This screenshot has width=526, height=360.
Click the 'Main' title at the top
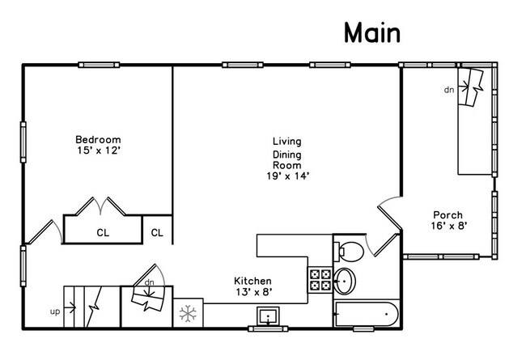372,32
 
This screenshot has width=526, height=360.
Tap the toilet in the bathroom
348,251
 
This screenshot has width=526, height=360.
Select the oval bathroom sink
345,281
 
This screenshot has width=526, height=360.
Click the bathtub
367,314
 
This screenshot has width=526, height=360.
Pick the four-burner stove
320,280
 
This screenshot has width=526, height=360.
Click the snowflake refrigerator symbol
188,313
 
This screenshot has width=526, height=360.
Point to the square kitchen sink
268,316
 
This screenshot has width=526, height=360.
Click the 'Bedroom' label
98,140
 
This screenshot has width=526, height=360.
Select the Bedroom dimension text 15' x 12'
98,150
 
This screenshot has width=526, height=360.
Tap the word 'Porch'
448,214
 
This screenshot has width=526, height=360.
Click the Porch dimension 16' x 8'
449,226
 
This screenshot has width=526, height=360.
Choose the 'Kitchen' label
252,281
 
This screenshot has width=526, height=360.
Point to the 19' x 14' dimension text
287,176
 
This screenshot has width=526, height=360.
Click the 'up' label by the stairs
55,312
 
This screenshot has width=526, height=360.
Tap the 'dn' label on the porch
449,90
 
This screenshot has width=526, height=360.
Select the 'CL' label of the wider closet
103,233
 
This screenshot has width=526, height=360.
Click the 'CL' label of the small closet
157,232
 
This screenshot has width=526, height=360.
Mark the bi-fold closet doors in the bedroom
100,206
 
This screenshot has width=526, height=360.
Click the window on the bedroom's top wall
99,65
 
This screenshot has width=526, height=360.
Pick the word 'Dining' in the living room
286,155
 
